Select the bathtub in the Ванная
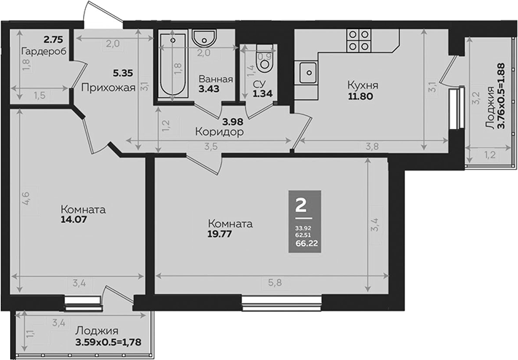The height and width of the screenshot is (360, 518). coord(172,66)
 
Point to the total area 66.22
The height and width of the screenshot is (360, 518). coord(301,244)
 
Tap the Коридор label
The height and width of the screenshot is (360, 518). coord(219,133)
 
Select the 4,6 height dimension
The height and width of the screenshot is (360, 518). coord(25,198)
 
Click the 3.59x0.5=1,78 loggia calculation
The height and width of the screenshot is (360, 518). coord(112,342)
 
